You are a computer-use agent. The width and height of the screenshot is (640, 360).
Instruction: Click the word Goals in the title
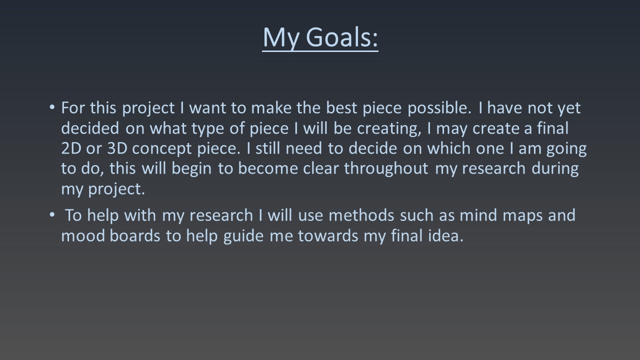coord(341,37)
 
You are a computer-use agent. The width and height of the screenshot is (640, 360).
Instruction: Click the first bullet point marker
coord(51,107)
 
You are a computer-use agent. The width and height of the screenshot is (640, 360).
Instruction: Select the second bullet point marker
coord(51,214)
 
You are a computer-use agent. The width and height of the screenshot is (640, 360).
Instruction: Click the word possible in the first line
coord(439,108)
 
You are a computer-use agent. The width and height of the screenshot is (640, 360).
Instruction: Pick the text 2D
coord(71,148)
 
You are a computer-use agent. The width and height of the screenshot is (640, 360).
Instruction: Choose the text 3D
coord(117,148)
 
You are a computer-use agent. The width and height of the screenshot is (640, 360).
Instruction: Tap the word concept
coord(161,149)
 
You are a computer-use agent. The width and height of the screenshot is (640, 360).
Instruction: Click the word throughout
coord(386,168)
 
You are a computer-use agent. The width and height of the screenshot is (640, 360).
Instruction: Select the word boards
coord(135,236)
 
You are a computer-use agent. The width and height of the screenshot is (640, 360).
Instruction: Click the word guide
coord(243,236)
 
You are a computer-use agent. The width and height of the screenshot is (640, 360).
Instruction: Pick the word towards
coord(328,236)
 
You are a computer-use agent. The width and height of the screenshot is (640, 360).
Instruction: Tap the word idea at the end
coord(445,236)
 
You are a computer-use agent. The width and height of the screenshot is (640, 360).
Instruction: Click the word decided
coord(90,128)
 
